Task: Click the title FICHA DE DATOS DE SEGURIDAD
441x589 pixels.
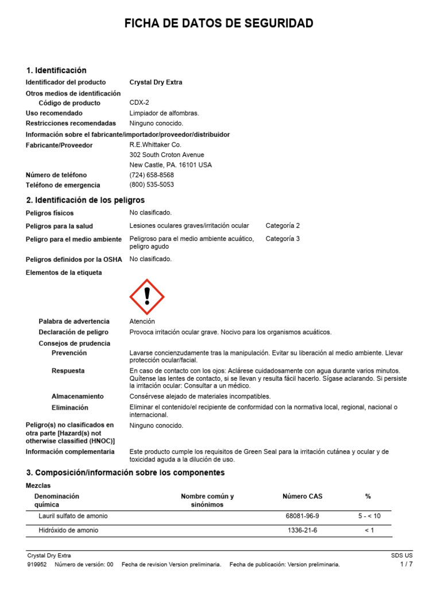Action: (220, 24)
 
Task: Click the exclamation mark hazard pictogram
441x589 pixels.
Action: (147, 296)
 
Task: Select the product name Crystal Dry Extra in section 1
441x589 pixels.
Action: (156, 82)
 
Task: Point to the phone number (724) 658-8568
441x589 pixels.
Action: (152, 175)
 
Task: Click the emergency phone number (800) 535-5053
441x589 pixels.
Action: (152, 185)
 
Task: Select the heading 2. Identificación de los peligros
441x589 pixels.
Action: (86, 200)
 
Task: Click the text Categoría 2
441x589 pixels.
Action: (283, 226)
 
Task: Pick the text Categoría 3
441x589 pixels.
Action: (283, 239)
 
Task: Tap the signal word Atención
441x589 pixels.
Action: (142, 322)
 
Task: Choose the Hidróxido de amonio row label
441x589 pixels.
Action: (68, 530)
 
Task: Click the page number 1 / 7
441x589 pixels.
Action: (406, 565)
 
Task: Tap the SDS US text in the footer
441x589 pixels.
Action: (401, 556)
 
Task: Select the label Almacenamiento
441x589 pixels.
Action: (78, 396)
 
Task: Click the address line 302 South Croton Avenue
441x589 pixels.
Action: (167, 155)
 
